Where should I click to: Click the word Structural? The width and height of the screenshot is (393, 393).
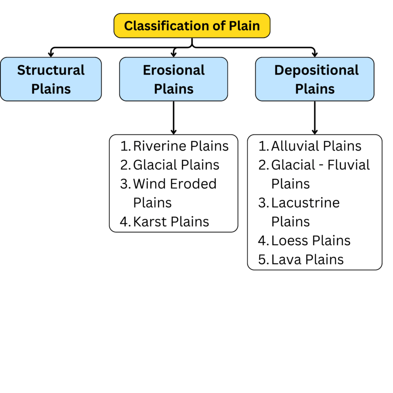click(51, 70)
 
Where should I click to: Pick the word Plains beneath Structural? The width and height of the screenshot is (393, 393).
click(51, 89)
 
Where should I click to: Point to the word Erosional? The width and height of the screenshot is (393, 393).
click(173, 70)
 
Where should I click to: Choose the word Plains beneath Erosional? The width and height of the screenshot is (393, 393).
click(173, 89)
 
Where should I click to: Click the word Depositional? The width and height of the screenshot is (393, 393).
click(316, 70)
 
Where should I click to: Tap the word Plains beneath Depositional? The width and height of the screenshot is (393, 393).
click(315, 89)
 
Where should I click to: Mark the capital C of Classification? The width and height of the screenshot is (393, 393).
click(128, 26)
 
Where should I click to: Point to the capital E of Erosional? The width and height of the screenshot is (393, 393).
click(147, 71)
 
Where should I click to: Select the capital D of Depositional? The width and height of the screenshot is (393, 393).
click(279, 71)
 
